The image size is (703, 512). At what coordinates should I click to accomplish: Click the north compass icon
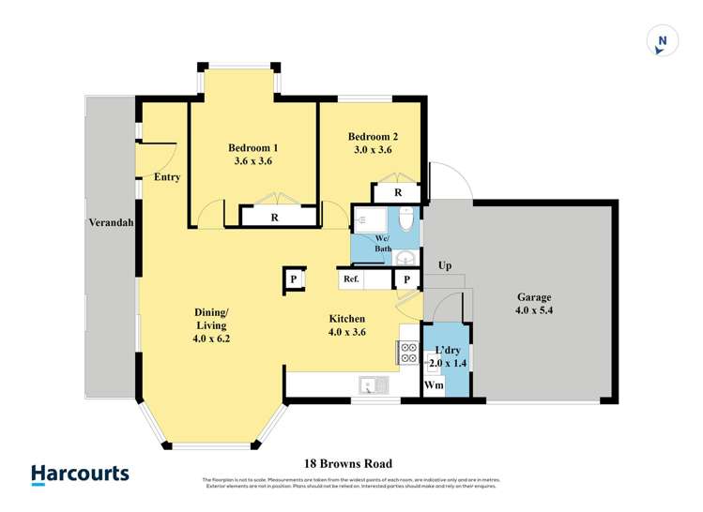662,40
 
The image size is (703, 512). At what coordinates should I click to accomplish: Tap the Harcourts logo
80,474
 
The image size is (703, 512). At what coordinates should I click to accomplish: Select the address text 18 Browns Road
347,463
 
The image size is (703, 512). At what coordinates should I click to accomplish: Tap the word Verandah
111,224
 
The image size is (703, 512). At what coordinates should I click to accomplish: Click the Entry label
167,177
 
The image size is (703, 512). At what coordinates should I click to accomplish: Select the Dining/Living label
212,319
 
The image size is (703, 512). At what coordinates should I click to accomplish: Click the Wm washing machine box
434,385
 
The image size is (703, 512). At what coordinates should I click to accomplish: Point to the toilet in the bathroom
405,219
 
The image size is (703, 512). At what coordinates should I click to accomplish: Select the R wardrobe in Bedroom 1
274,218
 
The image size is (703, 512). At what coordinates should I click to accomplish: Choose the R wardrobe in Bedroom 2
398,193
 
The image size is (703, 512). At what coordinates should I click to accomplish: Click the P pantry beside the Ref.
407,279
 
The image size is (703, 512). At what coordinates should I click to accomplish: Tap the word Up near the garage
445,265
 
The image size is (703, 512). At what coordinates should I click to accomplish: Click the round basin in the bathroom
406,259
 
